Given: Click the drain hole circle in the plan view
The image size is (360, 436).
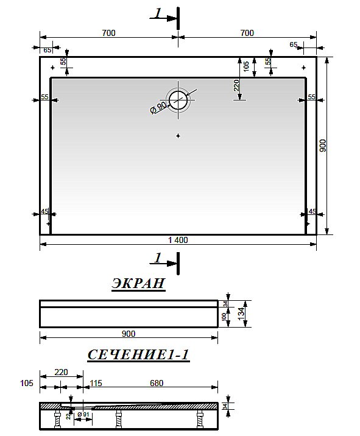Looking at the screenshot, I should tap(178, 99).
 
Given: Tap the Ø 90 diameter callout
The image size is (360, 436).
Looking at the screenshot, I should tap(158, 107).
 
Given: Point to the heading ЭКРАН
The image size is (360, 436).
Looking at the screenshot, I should tap(138, 283).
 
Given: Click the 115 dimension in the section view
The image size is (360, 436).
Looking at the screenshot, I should tap(95, 382).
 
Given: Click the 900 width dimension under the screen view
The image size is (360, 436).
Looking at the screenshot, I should tap(129, 333).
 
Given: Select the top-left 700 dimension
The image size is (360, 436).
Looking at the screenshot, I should tap(108, 33).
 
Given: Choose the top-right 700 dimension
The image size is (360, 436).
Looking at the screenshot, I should tap(247, 33).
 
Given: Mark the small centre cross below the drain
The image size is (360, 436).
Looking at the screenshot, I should tap(178, 135).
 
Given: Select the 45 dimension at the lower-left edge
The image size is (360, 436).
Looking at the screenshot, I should tap(44, 211).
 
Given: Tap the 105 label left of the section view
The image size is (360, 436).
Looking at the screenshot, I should tap(26, 382).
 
